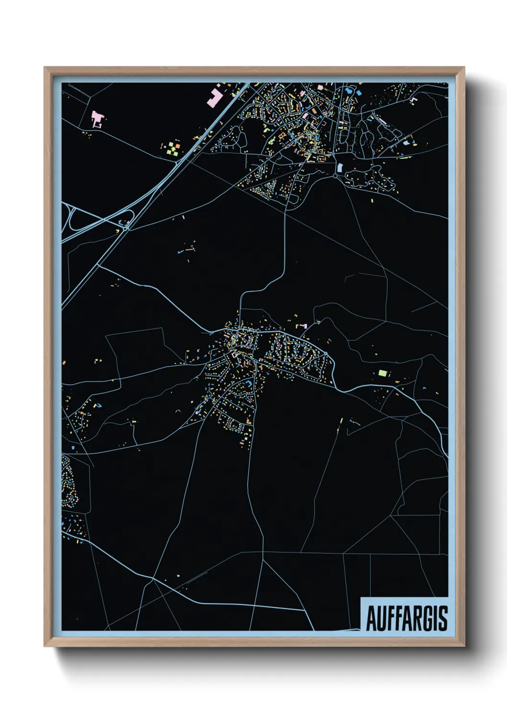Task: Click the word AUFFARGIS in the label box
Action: click(407, 618)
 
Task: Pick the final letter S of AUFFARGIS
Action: click(443, 618)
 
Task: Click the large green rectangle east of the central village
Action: click(382, 372)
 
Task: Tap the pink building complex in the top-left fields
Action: click(97, 118)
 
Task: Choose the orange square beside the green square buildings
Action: click(177, 144)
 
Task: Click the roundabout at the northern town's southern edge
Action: click(335, 176)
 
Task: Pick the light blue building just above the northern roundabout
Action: click(340, 168)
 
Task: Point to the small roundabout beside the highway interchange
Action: click(126, 229)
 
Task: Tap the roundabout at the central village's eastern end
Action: click(325, 354)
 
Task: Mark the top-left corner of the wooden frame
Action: click(45, 68)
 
